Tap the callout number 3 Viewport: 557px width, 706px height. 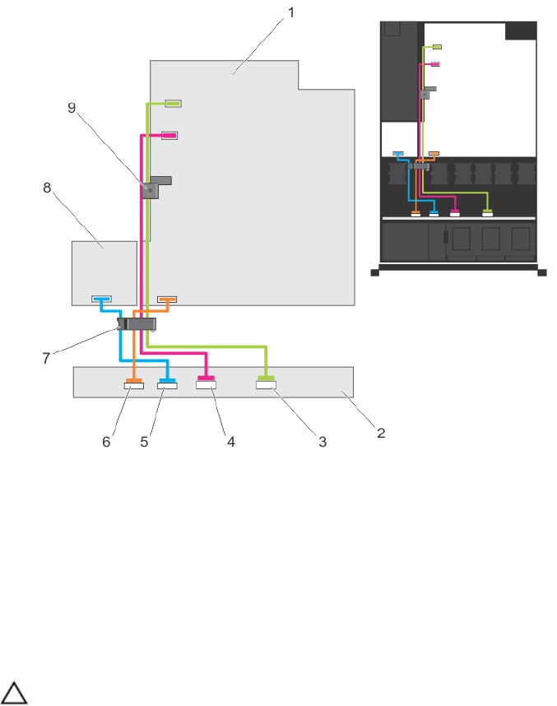[x=323, y=442]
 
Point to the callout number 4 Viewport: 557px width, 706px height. [x=231, y=442]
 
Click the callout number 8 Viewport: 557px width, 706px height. [x=46, y=187]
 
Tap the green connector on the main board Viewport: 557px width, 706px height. [x=173, y=104]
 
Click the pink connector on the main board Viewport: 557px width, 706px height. [x=169, y=135]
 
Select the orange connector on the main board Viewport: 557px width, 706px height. [x=167, y=299]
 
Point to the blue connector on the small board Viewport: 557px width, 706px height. [x=101, y=299]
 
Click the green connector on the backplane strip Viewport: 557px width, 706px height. [x=266, y=383]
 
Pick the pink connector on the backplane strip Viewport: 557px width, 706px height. [x=206, y=383]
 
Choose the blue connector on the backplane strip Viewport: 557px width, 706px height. [x=167, y=384]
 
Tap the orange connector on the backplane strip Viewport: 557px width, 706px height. [x=133, y=384]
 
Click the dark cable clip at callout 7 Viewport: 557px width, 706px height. [x=137, y=324]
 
